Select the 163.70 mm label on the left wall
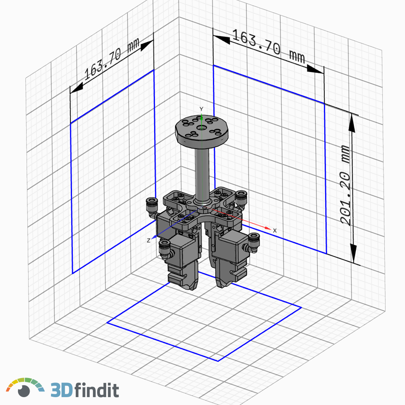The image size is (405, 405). click(111, 61)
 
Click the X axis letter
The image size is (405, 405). click(275, 230)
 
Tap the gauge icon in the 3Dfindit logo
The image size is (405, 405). click(25, 388)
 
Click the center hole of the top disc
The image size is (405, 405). click(201, 128)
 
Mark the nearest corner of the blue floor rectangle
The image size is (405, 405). click(218, 361)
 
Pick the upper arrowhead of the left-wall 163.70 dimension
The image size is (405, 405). click(148, 44)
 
